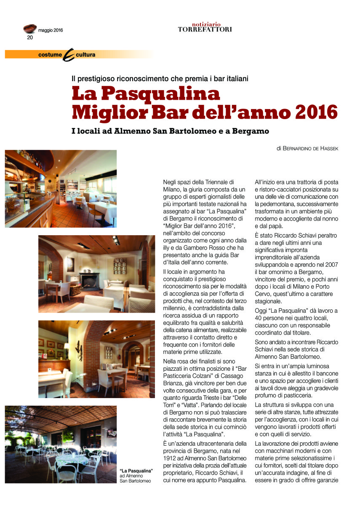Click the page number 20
[x=30, y=37]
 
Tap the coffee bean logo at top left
[x=29, y=29]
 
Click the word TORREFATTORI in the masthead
[x=205, y=29]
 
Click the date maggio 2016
[x=51, y=30]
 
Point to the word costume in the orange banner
[x=50, y=55]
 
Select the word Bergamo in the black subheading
[x=248, y=131]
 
